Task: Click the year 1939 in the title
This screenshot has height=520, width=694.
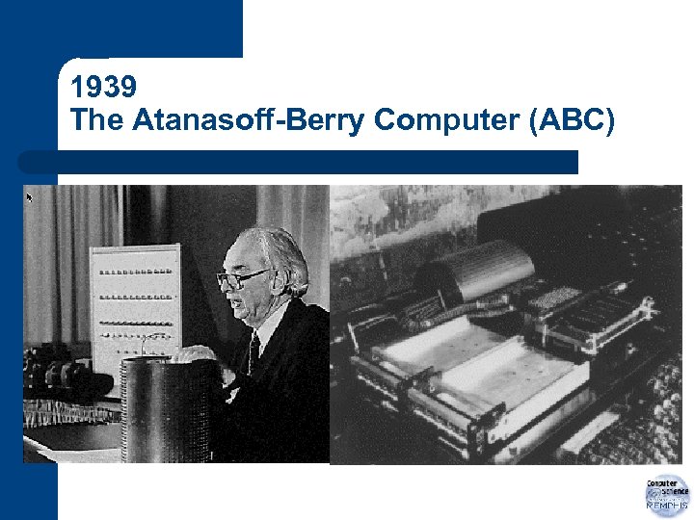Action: pos(103,87)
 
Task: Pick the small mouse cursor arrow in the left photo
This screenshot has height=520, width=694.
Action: pos(30,197)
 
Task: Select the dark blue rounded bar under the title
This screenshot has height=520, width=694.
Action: pos(299,162)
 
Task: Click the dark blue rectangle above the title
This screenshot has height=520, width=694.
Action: pos(145,29)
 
